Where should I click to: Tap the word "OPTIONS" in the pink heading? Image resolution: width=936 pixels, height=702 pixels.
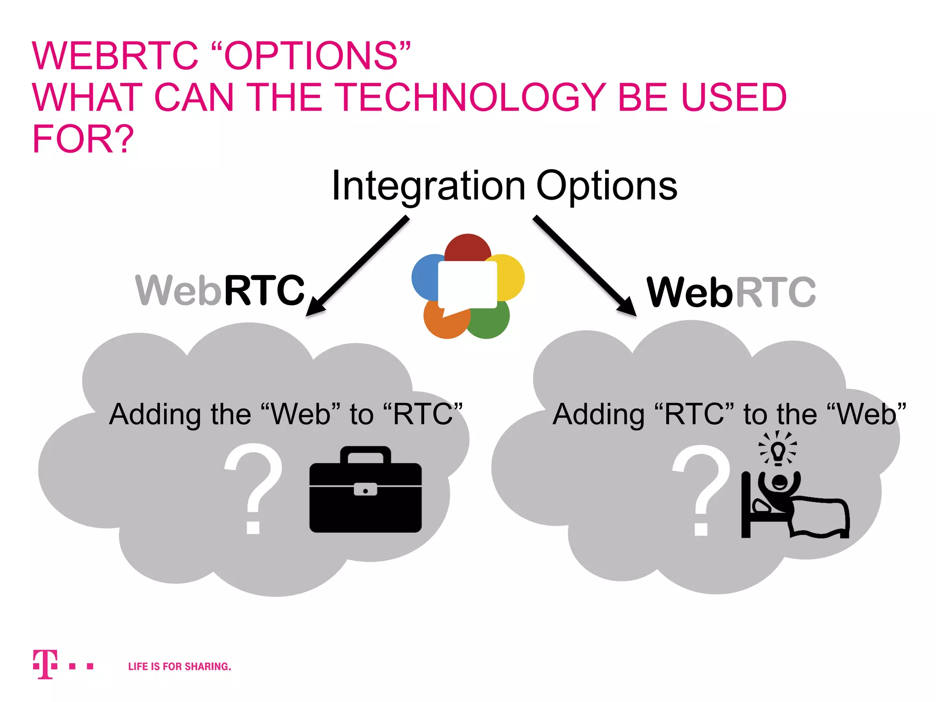tap(311, 56)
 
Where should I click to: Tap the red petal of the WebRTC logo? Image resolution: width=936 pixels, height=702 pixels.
tap(468, 247)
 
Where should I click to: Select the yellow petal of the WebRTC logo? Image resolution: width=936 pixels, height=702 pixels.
tap(511, 277)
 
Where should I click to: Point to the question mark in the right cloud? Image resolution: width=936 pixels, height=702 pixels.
tap(702, 489)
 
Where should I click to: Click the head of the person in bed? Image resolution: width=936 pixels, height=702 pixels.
tap(779, 482)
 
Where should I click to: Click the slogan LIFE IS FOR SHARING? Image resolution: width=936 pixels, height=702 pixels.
tap(180, 666)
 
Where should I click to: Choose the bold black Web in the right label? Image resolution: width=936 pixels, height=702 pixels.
tap(689, 292)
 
